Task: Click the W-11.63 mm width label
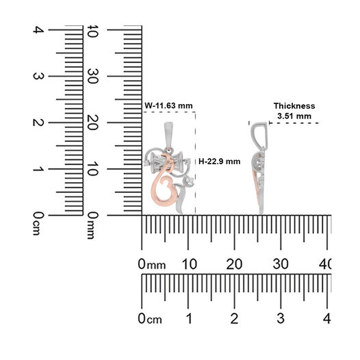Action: (x=168, y=106)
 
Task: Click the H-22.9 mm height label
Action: (x=220, y=162)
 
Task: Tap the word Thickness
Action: (x=294, y=106)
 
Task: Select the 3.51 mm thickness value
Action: (x=294, y=116)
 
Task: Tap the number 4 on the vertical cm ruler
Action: (x=38, y=30)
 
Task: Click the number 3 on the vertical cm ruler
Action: (x=38, y=76)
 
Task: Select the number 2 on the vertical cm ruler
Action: (x=38, y=123)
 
